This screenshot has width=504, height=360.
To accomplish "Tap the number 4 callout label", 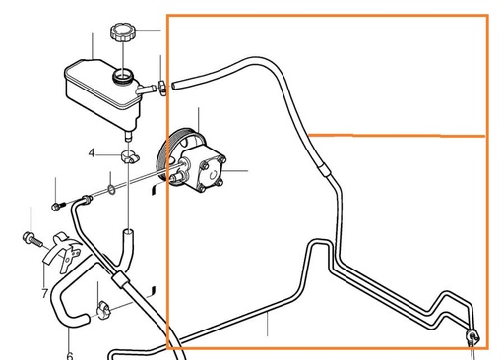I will click(91, 153).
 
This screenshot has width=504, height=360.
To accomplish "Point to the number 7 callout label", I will click(45, 293).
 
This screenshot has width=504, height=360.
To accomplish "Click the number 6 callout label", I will click(69, 354).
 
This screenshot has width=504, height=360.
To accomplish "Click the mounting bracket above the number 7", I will click(60, 253).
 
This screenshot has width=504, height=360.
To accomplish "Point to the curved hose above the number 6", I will click(71, 295).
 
